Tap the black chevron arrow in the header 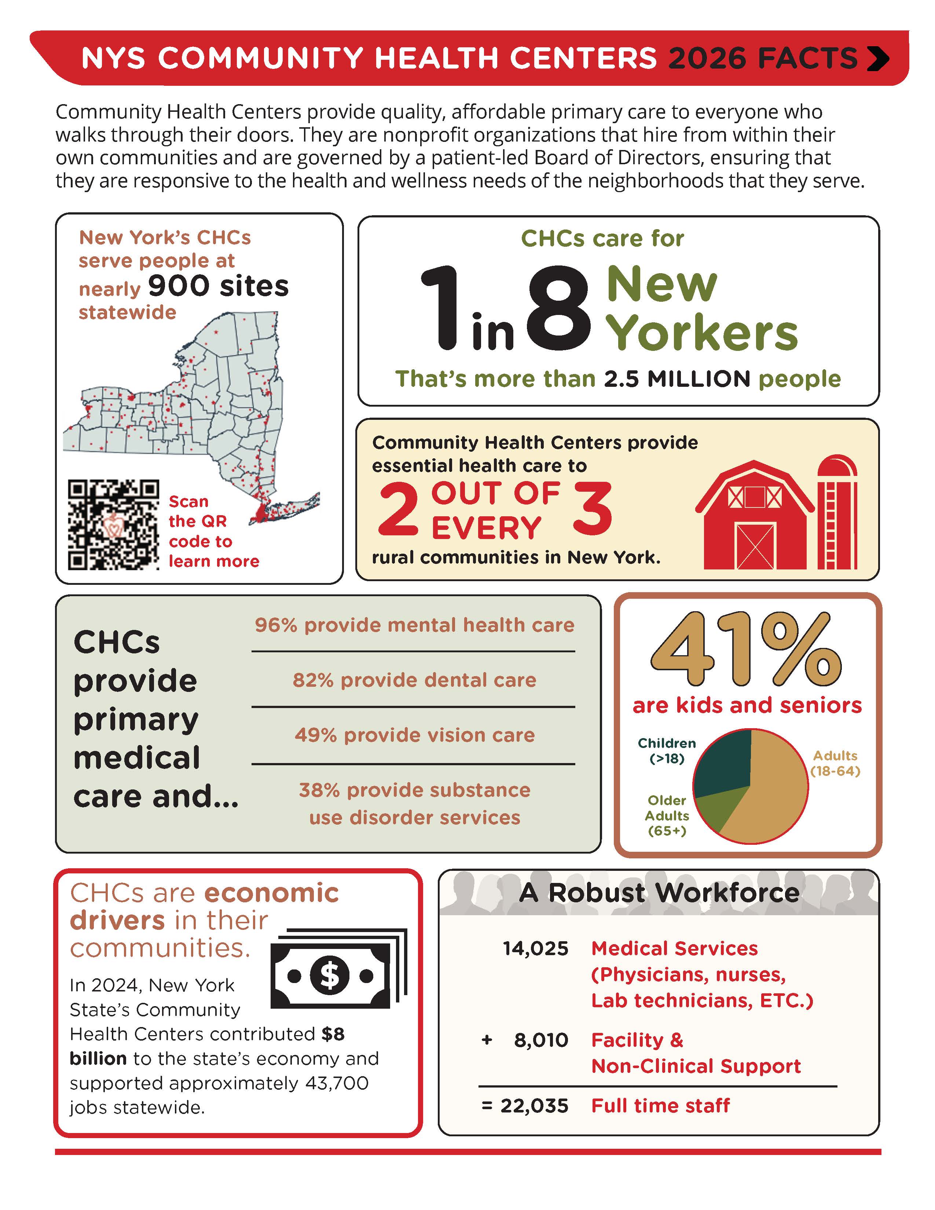click(x=878, y=59)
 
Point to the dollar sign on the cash click(x=330, y=975)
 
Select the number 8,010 click(x=540, y=1040)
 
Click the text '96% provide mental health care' click(x=414, y=625)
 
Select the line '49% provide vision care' click(x=414, y=735)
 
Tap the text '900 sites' click(x=218, y=286)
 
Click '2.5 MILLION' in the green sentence click(x=677, y=379)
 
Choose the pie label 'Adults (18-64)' click(x=835, y=763)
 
